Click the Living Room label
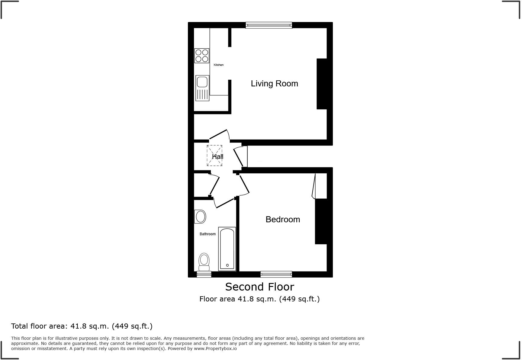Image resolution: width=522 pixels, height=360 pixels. click(274, 84)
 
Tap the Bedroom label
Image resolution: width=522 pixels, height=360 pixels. click(282, 220)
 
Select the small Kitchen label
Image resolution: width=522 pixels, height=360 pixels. click(218, 65)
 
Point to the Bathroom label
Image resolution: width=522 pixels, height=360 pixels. click(208, 234)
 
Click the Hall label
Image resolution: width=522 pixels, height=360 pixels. click(218, 157)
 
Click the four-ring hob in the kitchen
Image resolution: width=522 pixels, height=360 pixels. click(202, 56)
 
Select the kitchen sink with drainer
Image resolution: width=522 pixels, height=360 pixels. click(202, 88)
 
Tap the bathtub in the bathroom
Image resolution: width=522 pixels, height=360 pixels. click(227, 249)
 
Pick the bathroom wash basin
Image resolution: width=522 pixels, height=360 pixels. click(200, 217)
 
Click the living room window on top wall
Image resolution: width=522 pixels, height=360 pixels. click(269, 25)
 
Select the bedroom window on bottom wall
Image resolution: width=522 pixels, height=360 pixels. click(276, 274)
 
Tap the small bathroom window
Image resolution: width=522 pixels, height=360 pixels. click(204, 274)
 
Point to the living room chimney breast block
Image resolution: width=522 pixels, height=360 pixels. click(322, 84)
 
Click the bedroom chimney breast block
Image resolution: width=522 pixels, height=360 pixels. click(321, 221)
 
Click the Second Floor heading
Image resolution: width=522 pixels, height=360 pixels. click(259, 287)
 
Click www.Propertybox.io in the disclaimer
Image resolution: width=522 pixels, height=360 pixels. click(215, 349)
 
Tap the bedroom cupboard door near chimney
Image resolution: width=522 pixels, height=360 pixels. click(314, 186)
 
